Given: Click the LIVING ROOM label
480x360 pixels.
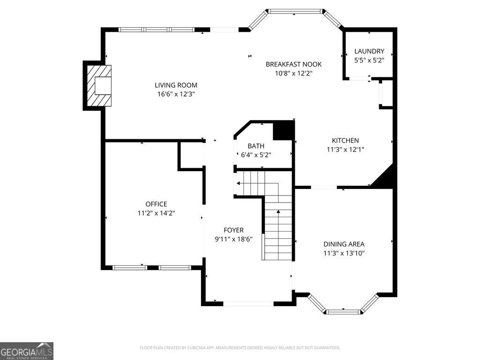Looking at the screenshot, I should [176, 85].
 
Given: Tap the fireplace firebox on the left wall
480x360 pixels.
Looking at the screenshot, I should [103, 86].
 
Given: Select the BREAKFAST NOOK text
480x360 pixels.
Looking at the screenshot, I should [293, 64].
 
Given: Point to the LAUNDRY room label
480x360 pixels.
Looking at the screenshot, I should [369, 51].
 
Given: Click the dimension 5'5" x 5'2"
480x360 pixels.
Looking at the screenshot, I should [369, 60].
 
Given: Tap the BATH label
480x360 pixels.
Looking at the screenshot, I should [256, 146].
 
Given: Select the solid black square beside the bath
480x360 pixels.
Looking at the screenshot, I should [283, 131].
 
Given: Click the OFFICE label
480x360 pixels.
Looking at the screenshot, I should [156, 204].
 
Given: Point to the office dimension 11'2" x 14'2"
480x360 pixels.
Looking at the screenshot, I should [156, 213].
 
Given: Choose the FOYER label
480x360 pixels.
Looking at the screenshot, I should [233, 230].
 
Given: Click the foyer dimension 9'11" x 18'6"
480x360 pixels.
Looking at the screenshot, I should [233, 239].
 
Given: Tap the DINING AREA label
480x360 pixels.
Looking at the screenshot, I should [344, 244].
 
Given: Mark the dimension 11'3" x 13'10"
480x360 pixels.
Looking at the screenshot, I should [344, 253].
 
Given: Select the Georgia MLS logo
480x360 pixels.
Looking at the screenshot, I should [27, 351].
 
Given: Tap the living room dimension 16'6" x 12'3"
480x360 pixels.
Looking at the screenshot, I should [176, 94].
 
